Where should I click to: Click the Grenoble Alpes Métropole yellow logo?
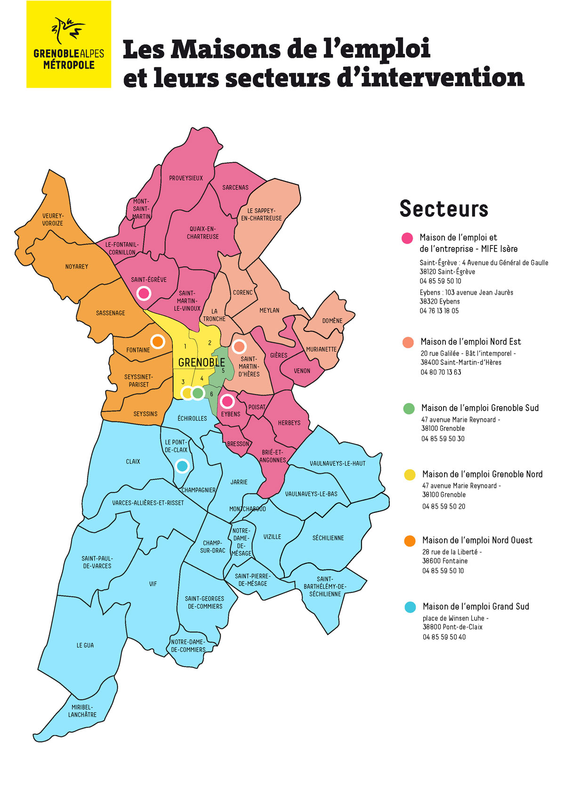[x=69, y=44]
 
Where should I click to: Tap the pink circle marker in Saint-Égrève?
[x=144, y=293]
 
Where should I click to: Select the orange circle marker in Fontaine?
[x=158, y=341]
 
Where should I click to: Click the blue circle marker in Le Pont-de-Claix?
[x=182, y=466]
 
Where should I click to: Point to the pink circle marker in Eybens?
[x=227, y=401]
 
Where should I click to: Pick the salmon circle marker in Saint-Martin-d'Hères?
[x=239, y=346]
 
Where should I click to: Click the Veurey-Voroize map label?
[x=52, y=220]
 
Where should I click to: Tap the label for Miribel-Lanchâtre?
[x=82, y=711]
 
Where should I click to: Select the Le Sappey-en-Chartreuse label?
[x=261, y=214]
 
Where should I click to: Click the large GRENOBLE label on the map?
[x=202, y=363]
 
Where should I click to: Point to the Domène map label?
[x=332, y=321]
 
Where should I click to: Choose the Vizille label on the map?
[x=272, y=536]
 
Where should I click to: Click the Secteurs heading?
[x=444, y=209]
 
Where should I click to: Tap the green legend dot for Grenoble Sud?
[x=409, y=408]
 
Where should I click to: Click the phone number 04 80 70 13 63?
[x=441, y=372]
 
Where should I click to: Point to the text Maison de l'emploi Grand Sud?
[x=476, y=607]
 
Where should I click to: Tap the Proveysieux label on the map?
[x=186, y=178]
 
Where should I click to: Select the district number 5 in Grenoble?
[x=223, y=371]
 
